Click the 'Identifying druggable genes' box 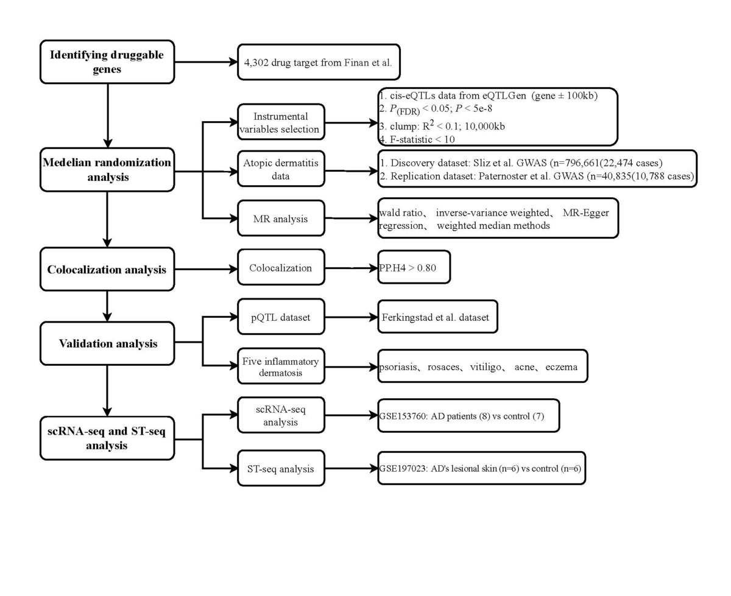point(107,61)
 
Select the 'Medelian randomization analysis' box point(107,171)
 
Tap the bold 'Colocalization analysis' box point(107,268)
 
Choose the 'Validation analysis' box point(107,343)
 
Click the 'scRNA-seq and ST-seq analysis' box point(107,437)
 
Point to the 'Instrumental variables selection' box point(281,122)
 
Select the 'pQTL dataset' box point(281,317)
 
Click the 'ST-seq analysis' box point(281,468)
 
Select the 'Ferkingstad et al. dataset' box point(437,317)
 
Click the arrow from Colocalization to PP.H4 point(350,268)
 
